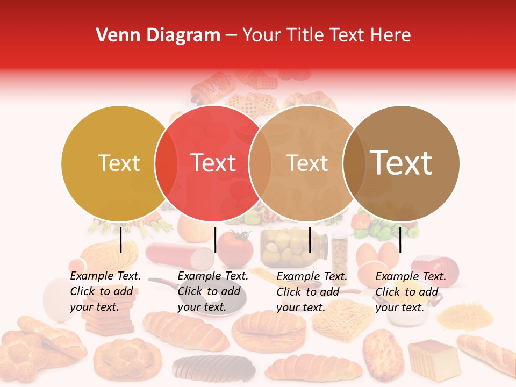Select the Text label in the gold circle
119,163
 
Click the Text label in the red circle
213,163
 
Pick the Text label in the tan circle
307,163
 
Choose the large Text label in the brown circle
402,163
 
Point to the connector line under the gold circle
121,240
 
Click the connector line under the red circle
215,240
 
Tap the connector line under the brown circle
400,240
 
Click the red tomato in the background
235,247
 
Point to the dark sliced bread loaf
213,368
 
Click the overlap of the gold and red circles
166,163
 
